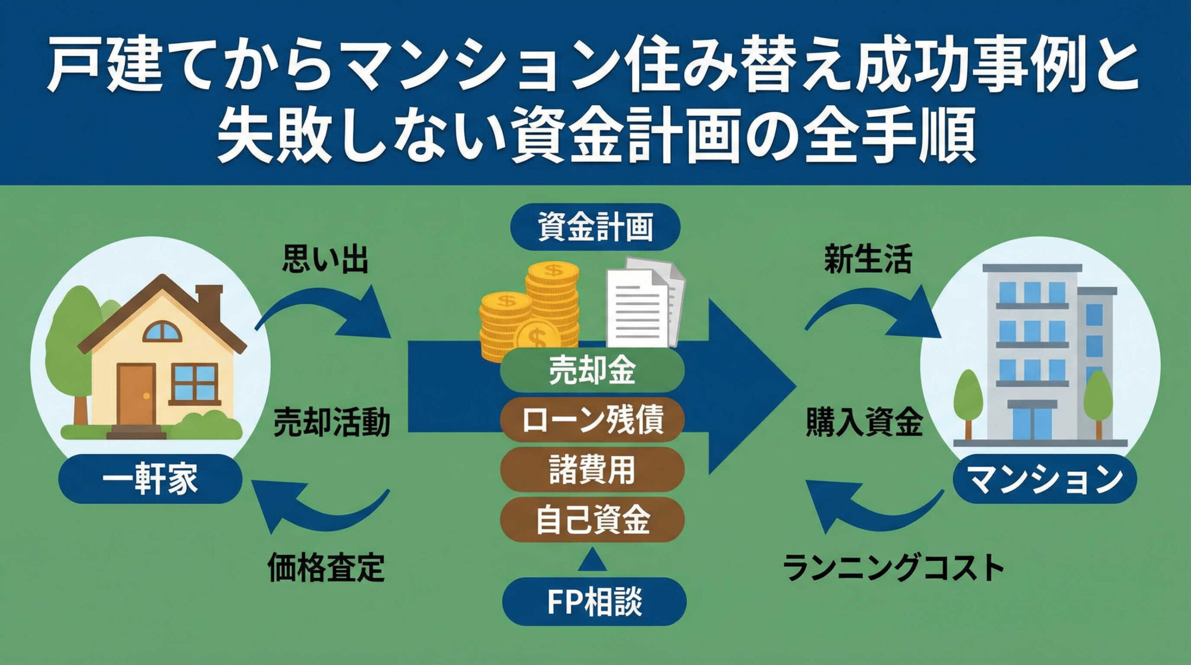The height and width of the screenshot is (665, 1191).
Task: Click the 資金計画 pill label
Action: (595, 227)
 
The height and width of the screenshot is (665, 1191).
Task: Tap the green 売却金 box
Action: (592, 371)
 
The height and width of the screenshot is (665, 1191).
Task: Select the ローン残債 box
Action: (592, 420)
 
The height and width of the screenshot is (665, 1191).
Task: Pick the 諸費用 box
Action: (592, 470)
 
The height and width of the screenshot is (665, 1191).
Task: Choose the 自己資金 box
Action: (592, 519)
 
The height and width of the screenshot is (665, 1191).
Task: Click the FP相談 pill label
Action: (594, 601)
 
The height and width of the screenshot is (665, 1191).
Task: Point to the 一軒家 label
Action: (150, 479)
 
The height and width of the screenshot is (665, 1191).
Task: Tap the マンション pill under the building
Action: (1044, 479)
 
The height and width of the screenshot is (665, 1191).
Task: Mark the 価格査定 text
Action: (326, 567)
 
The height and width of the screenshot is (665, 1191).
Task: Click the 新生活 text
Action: (868, 259)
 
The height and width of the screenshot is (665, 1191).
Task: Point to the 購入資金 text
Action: (864, 423)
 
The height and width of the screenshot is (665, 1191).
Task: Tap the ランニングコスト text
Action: (893, 567)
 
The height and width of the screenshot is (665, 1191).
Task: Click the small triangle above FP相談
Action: (594, 560)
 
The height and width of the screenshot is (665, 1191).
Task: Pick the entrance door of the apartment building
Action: (1030, 421)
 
